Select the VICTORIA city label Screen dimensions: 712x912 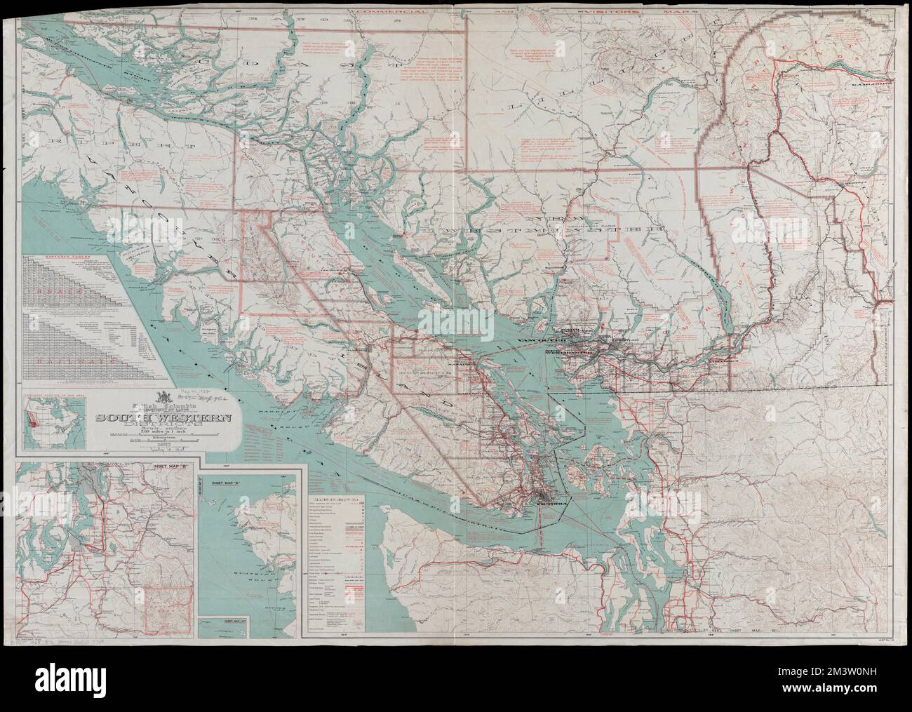coord(548,503)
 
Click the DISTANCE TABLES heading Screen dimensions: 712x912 coord(66,257)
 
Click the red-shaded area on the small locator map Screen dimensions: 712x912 coord(31,422)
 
